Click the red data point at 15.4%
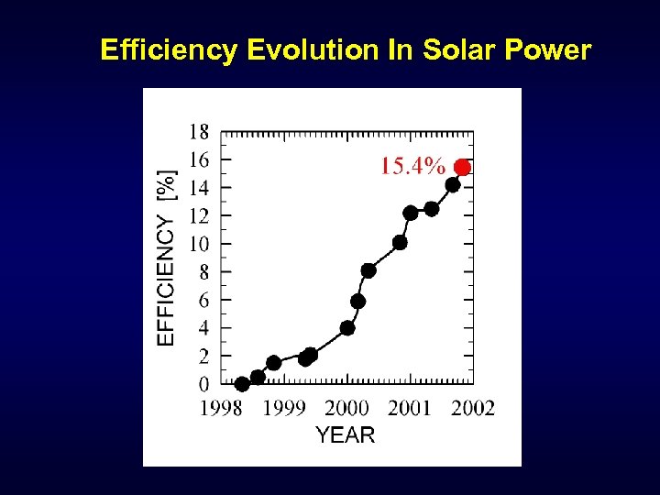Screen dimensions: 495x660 (x=463, y=167)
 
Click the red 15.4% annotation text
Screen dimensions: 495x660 (x=412, y=167)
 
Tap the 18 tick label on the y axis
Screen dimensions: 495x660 (x=199, y=132)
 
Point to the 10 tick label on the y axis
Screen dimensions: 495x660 (x=199, y=244)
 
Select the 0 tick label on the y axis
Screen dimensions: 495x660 (x=203, y=384)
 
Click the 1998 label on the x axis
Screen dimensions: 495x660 (x=222, y=408)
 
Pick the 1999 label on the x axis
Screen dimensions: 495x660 (x=284, y=408)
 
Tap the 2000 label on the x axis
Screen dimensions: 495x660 (x=346, y=408)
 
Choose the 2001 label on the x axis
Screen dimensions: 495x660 (x=409, y=408)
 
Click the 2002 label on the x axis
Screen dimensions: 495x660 (x=472, y=408)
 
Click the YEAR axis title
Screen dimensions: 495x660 (x=346, y=435)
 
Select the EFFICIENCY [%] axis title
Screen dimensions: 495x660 (x=166, y=258)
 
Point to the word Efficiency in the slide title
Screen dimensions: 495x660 (x=168, y=49)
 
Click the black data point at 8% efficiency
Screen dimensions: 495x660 (x=368, y=270)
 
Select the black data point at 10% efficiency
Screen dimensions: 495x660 (x=400, y=243)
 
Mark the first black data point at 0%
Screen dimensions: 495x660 (x=242, y=384)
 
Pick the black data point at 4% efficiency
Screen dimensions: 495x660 (x=347, y=328)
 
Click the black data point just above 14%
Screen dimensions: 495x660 (x=453, y=185)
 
